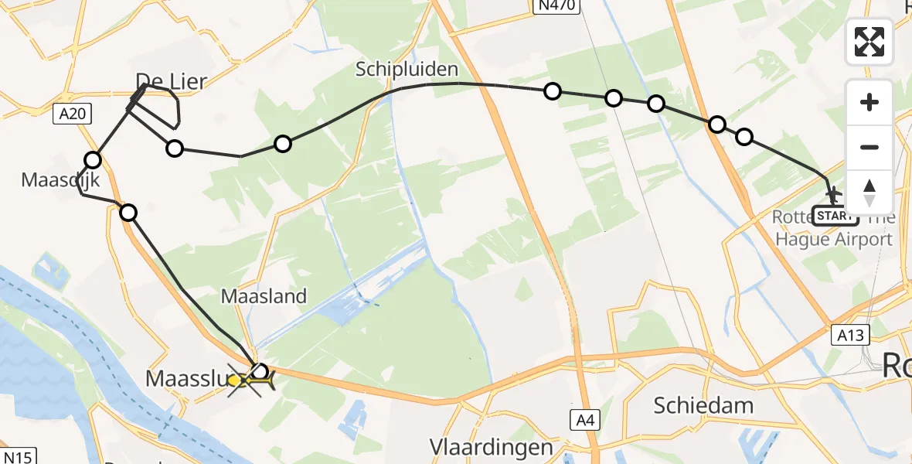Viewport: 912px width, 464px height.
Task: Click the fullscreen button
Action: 869,42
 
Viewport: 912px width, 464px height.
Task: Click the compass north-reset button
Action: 869,192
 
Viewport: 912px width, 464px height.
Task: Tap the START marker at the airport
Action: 835,216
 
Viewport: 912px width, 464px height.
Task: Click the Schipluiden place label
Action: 407,70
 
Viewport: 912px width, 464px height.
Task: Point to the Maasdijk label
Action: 50,180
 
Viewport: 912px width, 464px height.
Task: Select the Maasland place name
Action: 264,295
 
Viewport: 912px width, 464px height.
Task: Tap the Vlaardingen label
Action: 492,447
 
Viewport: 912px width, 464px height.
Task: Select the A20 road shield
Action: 73,114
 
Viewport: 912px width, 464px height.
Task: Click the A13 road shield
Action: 851,334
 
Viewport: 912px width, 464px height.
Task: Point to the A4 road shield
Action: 584,420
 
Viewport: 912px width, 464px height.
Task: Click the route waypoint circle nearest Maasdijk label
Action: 93,160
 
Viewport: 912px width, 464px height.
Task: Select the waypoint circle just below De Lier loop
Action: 175,148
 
